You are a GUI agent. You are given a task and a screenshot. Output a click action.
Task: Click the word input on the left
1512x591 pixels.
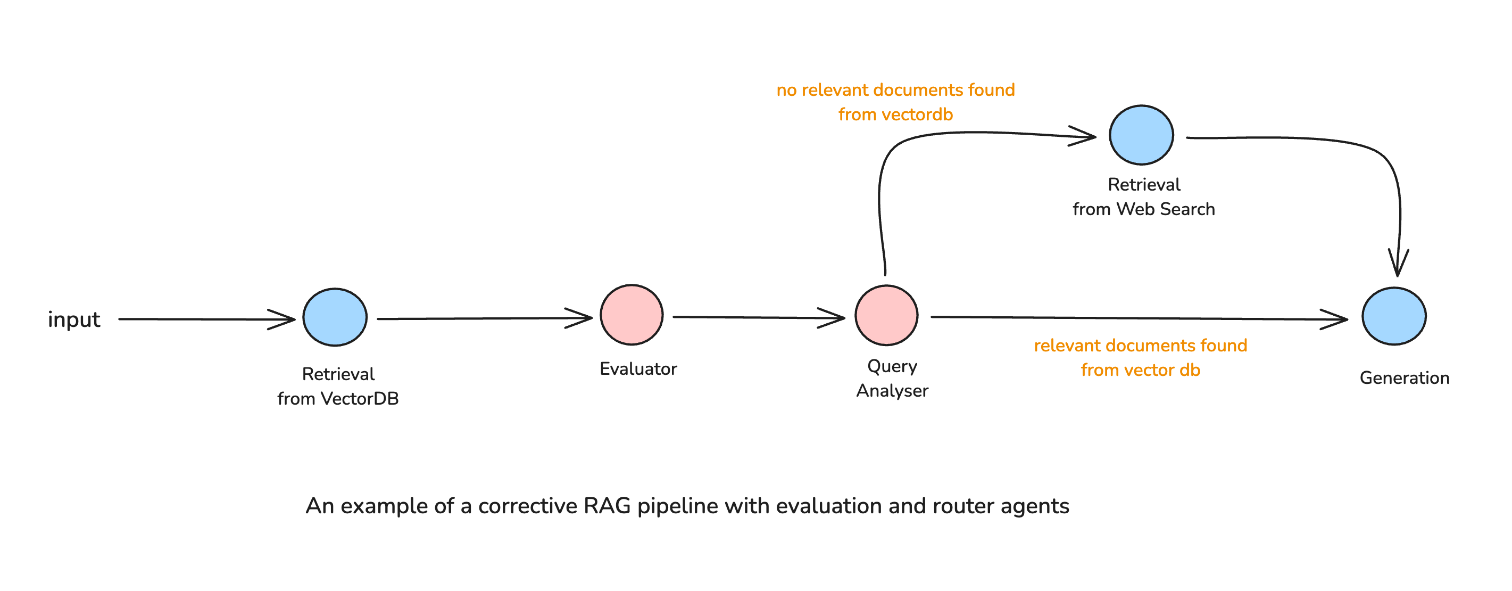click(74, 319)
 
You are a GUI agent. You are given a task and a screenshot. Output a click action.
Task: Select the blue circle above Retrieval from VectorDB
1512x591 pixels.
click(335, 317)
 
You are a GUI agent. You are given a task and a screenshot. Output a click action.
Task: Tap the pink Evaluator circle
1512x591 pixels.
click(632, 315)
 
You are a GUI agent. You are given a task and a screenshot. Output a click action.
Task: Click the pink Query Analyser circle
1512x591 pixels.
click(886, 316)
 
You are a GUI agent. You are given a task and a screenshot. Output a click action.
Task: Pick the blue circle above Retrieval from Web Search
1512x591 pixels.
click(1141, 135)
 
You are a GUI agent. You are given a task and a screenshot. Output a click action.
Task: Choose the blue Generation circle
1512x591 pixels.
click(1393, 316)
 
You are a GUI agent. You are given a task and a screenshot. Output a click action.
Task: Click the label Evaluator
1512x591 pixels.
click(638, 369)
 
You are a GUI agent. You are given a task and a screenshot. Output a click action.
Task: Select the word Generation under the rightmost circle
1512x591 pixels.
click(1404, 377)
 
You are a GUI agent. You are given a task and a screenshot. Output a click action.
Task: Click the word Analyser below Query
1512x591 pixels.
click(892, 391)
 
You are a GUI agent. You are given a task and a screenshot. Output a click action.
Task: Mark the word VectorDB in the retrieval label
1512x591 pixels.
click(359, 399)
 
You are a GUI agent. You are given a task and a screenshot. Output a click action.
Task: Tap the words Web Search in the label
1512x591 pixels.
click(1165, 209)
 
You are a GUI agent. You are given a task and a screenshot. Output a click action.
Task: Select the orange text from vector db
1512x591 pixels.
click(1140, 370)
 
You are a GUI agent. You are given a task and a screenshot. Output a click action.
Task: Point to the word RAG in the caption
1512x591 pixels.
click(607, 506)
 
